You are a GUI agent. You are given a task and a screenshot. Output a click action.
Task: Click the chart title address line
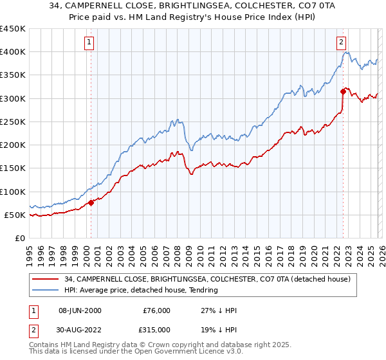192,6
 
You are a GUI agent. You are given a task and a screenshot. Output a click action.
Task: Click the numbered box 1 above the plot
89,43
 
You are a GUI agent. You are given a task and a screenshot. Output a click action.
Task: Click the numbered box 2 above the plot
340,43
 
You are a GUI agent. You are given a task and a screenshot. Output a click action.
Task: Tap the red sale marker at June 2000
91,203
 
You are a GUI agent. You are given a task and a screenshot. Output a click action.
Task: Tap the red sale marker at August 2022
343,91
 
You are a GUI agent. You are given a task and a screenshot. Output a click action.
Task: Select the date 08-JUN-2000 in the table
80,310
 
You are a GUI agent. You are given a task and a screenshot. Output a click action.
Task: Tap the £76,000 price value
156,310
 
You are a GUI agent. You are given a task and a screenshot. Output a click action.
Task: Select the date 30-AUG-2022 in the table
80,329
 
